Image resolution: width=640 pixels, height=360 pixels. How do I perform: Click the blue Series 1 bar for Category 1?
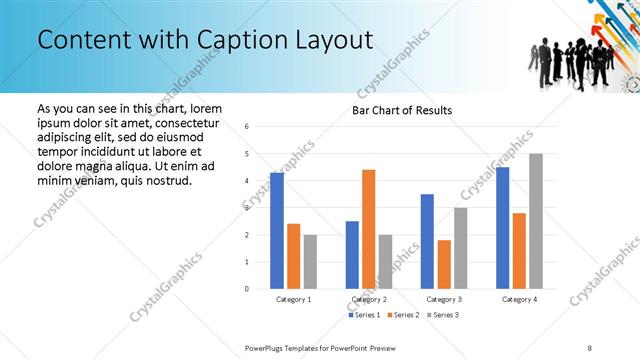[x=276, y=231]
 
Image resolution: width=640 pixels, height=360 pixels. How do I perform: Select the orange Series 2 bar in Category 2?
[x=368, y=229]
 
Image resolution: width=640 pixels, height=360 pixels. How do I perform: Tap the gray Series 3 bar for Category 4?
[x=536, y=221]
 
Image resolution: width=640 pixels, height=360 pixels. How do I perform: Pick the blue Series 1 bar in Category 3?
[x=427, y=241]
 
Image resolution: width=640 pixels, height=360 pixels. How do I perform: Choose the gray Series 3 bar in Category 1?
[x=310, y=262]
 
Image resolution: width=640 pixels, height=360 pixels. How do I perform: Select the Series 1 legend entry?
[x=365, y=315]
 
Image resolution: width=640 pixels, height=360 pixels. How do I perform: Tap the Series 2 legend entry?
[x=402, y=315]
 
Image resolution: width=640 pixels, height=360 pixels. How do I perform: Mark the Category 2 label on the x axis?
[x=368, y=299]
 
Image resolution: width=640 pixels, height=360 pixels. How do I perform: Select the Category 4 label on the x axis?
[x=519, y=299]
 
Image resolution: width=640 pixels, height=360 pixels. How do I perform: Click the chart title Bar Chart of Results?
[x=402, y=110]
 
